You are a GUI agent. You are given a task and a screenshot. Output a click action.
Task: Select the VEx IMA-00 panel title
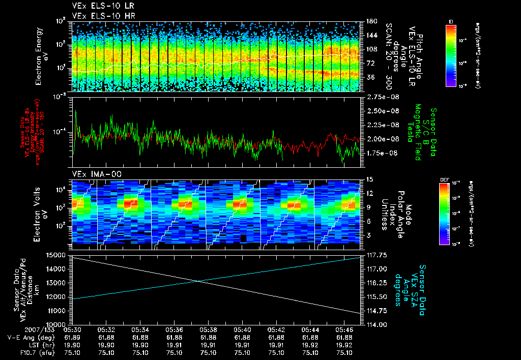pos(93,174)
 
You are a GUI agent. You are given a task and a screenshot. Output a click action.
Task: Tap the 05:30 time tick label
pos(72,330)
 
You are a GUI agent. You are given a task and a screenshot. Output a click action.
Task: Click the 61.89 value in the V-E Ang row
pos(72,338)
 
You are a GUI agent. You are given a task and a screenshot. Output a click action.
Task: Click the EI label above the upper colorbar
pos(451,21)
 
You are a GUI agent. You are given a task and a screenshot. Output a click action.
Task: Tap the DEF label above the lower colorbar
pos(450,179)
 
